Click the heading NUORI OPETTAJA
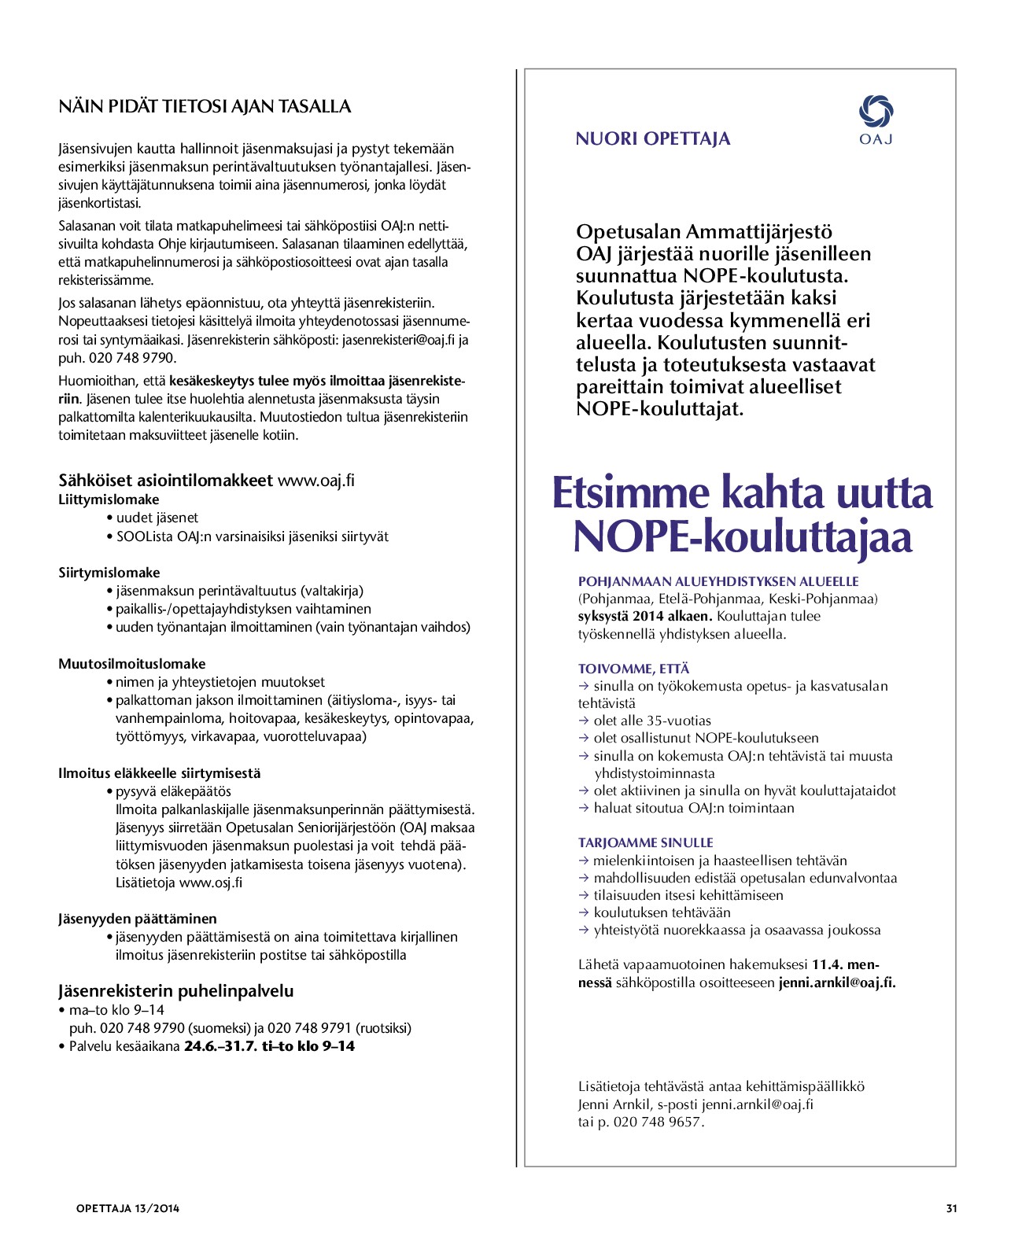coord(653,139)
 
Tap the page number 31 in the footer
coord(951,1208)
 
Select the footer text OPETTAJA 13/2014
coord(127,1208)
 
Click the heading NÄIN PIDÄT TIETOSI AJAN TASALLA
coord(205,107)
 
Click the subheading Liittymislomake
coord(109,499)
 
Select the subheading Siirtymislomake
coord(109,573)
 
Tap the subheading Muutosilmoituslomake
coord(132,664)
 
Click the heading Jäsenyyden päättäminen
coord(138,919)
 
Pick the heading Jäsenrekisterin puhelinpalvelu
coord(175,991)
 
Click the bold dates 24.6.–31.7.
coord(220,1046)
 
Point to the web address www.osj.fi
coord(211,883)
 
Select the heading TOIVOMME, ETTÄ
coord(633,669)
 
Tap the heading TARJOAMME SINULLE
coord(645,842)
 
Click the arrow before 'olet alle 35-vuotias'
coord(584,721)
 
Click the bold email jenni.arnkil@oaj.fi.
coord(837,982)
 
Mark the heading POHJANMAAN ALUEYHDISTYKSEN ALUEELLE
coord(718,581)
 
